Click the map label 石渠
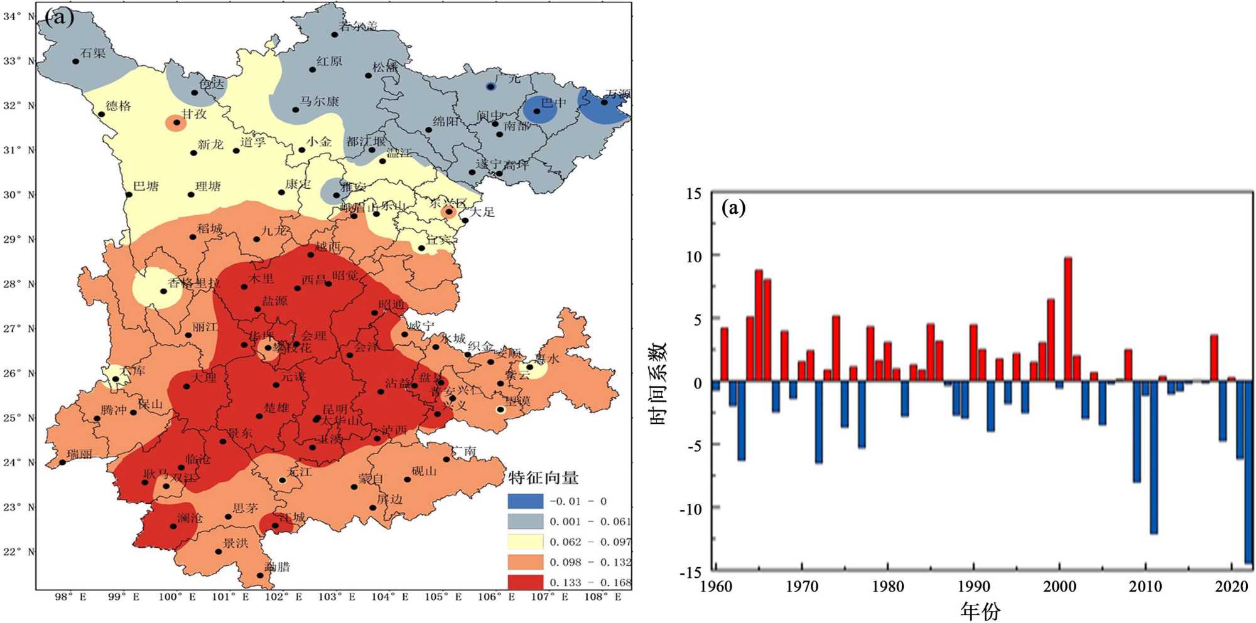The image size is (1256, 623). pos(93,53)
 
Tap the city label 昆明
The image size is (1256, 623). pos(335,410)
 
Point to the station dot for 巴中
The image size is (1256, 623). pos(537,112)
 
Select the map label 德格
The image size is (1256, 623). pos(118,106)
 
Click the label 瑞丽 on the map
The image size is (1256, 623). pos(79,454)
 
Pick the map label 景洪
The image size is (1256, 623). pos(235,543)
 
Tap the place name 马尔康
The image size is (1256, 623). pos(319,102)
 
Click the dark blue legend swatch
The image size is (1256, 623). pos(525,501)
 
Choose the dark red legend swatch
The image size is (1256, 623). pos(525,582)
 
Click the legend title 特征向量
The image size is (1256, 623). pos(543,478)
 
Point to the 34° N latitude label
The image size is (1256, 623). pos(19,16)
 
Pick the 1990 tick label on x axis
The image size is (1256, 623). pos(973,587)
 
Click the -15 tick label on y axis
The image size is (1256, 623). pos(691,572)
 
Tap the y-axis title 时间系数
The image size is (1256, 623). pos(658,383)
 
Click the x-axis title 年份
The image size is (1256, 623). pos(980,610)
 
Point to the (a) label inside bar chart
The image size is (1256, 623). pos(734,207)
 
